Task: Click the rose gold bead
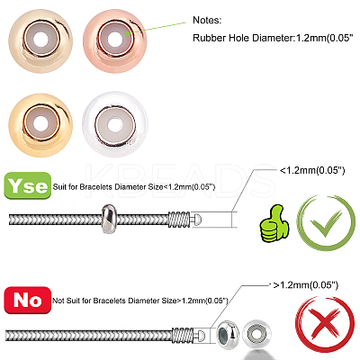pyautogui.click(x=115, y=41)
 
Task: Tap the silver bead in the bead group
pyautogui.click(x=115, y=124)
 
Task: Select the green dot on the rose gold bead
pyautogui.click(x=127, y=33)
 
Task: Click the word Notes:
pyautogui.click(x=207, y=20)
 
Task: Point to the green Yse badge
pyautogui.click(x=28, y=185)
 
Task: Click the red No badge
pyautogui.click(x=28, y=300)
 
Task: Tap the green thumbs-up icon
pyautogui.click(x=274, y=223)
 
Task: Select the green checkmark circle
pyautogui.click(x=326, y=223)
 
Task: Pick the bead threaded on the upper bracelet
pyautogui.click(x=108, y=219)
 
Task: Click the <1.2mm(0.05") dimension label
pyautogui.click(x=312, y=170)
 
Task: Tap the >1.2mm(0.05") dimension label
pyautogui.click(x=306, y=284)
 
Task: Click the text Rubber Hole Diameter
pyautogui.click(x=242, y=38)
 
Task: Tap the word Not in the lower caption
pyautogui.click(x=58, y=301)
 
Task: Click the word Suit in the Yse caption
pyautogui.click(x=59, y=186)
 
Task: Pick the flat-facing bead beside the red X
pyautogui.click(x=256, y=333)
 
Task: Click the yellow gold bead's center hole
pyautogui.click(x=40, y=123)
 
